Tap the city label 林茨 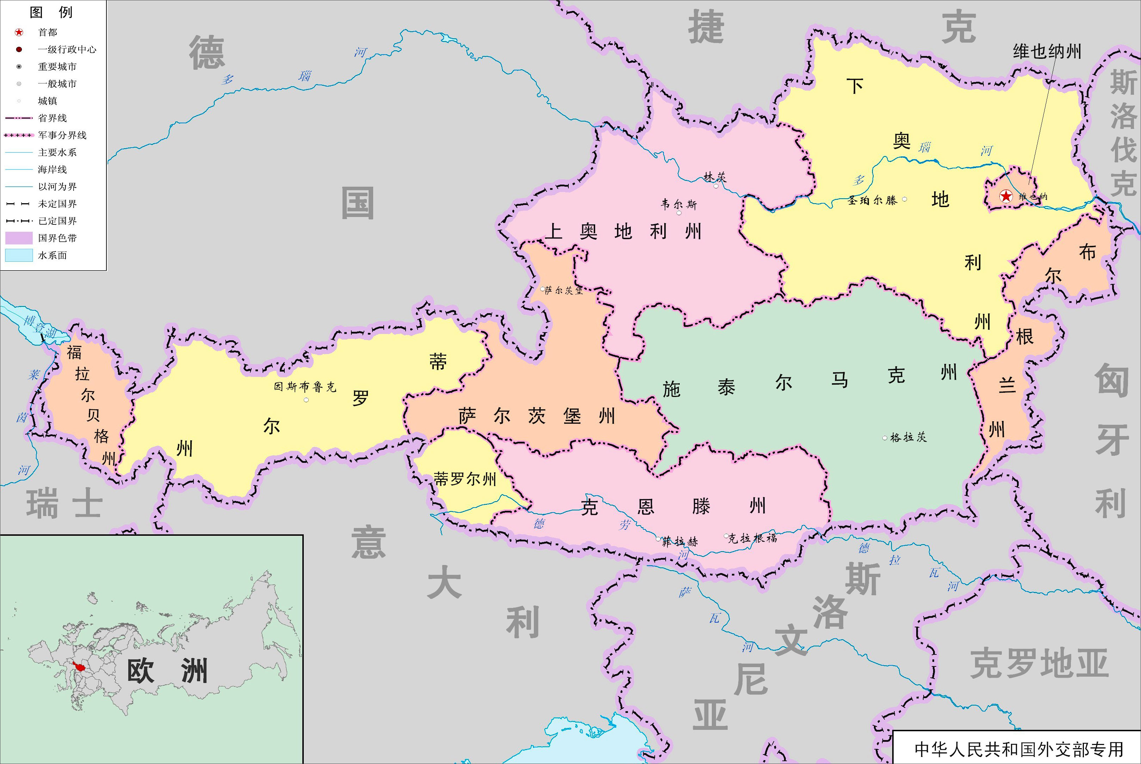pos(715,177)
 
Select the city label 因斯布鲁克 pos(305,387)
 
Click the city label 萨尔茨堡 pos(564,290)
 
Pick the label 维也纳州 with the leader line pos(1047,51)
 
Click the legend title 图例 pos(51,12)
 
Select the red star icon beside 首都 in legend pos(19,32)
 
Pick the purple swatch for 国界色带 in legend pos(19,238)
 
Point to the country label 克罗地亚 pos(1039,664)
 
